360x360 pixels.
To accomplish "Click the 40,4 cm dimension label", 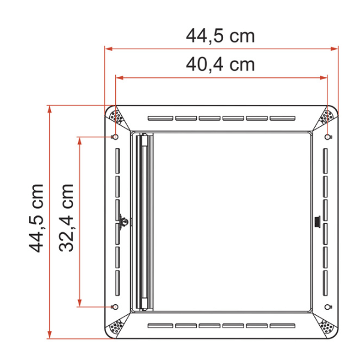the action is click(x=220, y=65).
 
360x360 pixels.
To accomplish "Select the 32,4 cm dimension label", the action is click(x=67, y=218).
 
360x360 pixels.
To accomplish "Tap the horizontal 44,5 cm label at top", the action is click(x=220, y=36).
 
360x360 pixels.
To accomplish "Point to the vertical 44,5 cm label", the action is click(x=36, y=218).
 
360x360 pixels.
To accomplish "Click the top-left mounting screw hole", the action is click(x=116, y=137).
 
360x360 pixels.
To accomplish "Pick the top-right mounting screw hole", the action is click(x=328, y=137).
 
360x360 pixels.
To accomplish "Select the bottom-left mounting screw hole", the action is click(x=116, y=307).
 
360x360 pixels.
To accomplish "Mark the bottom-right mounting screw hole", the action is click(x=328, y=307).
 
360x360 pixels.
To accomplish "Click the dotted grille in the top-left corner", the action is click(x=116, y=117).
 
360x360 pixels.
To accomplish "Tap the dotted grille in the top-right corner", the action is click(x=327, y=117).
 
